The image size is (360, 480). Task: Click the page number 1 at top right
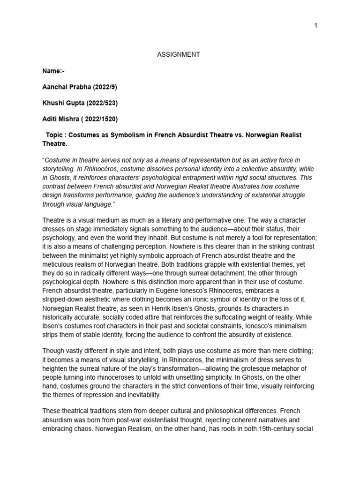click(x=316, y=25)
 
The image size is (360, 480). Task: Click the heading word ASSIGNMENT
click(x=178, y=54)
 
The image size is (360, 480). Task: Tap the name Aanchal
click(x=55, y=87)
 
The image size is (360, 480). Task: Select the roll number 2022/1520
click(x=100, y=119)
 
